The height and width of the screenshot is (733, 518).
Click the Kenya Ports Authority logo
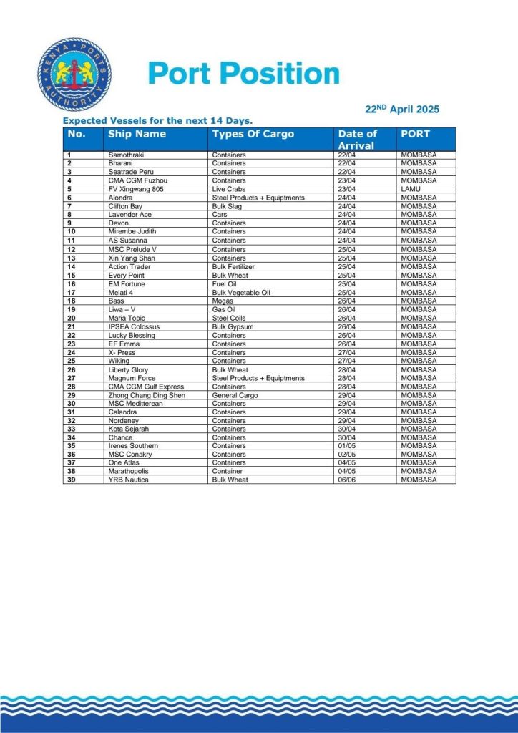[x=74, y=74]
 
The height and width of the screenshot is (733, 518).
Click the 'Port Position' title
[x=243, y=74]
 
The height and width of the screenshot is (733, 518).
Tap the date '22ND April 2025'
[x=402, y=110]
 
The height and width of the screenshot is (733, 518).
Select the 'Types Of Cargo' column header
[x=253, y=134]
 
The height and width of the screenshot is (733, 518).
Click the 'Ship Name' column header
[x=137, y=134]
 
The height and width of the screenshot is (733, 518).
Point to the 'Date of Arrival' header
[x=358, y=140]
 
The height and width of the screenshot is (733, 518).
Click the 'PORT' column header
[x=416, y=134]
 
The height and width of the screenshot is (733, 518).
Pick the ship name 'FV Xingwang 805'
[x=136, y=189]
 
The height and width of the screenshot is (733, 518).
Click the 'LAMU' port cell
[x=411, y=189]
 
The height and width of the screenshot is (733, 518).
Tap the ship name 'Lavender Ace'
[x=129, y=215]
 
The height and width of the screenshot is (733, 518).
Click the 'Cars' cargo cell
[x=219, y=215]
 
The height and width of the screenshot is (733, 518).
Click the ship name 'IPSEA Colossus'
[x=134, y=326]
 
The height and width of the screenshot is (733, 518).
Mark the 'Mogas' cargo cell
[x=222, y=301]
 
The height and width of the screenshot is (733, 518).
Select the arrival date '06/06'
[x=346, y=480]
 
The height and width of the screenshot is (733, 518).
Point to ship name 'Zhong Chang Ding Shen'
[x=147, y=395]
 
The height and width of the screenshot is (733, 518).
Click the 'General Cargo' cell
[x=235, y=395]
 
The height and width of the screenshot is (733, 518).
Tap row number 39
[x=71, y=480]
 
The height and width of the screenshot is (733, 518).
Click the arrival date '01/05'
[x=346, y=445]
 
